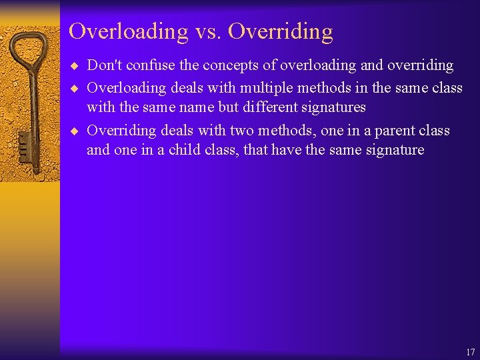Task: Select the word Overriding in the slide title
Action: point(281,31)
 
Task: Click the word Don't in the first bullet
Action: point(104,65)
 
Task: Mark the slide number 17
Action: point(471,352)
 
